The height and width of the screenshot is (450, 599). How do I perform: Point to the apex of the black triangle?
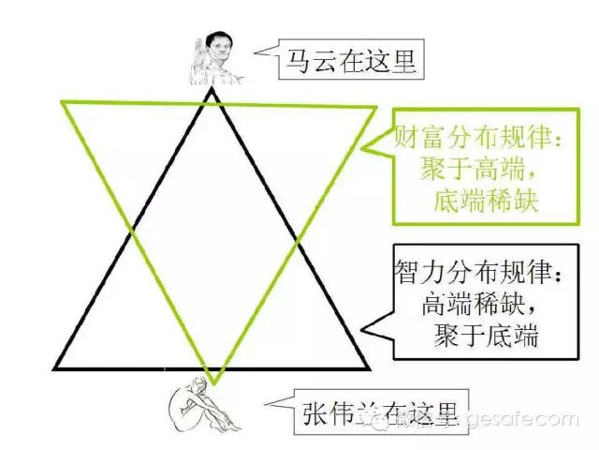pyautogui.click(x=213, y=88)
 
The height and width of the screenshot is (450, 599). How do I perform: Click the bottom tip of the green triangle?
pyautogui.click(x=214, y=383)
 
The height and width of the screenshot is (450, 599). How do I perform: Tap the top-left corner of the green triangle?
pyautogui.click(x=64, y=101)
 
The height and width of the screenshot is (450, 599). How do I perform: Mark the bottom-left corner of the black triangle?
pyautogui.click(x=55, y=367)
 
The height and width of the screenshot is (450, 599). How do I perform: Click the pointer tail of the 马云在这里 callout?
pyautogui.click(x=262, y=51)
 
